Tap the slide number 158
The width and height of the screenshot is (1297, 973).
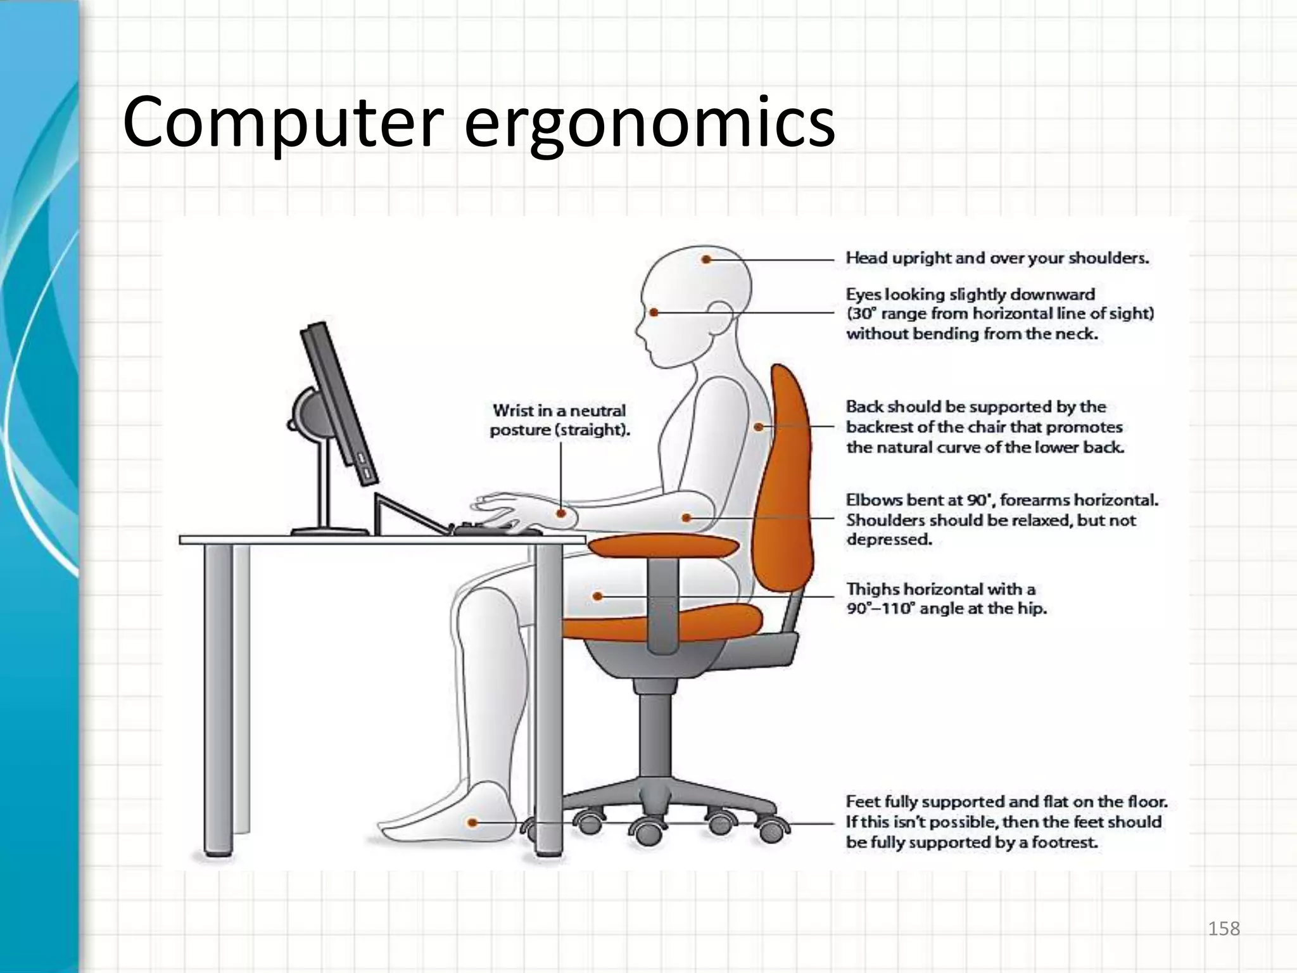tap(1224, 929)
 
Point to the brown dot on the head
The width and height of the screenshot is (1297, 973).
tap(706, 259)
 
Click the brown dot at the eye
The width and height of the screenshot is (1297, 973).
tap(654, 312)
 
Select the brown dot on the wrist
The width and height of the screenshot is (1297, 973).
tap(561, 513)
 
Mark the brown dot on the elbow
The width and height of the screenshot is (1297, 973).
tap(686, 518)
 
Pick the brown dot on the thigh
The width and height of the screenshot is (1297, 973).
tap(597, 596)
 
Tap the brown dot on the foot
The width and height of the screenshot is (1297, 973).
tap(472, 823)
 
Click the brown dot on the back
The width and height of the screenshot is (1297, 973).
tap(758, 427)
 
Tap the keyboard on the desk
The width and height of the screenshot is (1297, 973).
tap(497, 529)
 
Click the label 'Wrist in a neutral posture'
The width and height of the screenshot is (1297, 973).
tap(560, 420)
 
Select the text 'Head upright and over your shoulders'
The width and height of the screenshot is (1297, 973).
tap(997, 258)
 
